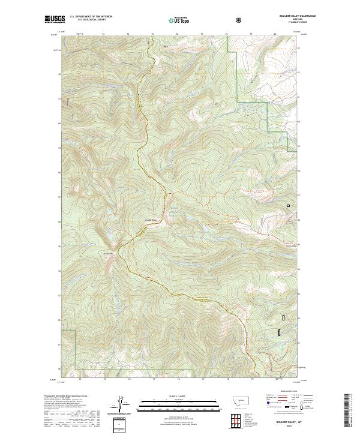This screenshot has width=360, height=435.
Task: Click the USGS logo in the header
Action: point(55,20)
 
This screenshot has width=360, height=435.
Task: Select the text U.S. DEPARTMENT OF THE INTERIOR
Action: point(90,17)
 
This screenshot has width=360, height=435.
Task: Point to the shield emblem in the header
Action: point(240,20)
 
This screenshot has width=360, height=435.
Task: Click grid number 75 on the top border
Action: point(152,34)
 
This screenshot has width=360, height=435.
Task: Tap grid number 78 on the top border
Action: point(226,34)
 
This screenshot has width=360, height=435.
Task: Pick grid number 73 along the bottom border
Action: point(104,379)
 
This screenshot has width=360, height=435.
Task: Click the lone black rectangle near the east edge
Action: point(289,206)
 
